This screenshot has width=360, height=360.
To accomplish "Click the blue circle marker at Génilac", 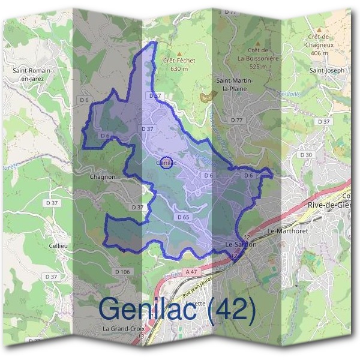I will (x=168, y=161).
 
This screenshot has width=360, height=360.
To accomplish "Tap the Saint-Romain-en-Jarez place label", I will (x=33, y=74).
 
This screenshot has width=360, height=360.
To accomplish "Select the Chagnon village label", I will (x=102, y=178).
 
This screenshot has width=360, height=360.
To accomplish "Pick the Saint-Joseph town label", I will (x=327, y=70).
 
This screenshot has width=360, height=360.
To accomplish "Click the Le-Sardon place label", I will (x=241, y=245).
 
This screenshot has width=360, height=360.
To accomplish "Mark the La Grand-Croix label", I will (x=122, y=329).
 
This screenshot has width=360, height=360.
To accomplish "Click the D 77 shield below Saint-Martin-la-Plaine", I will (x=237, y=120).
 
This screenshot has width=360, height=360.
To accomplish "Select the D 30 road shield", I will (x=306, y=155).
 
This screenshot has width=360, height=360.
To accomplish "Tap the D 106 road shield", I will (x=122, y=272).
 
